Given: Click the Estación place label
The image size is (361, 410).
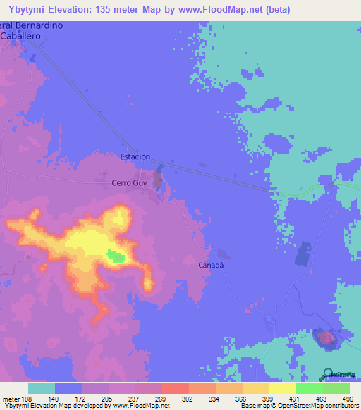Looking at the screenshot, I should (135, 156).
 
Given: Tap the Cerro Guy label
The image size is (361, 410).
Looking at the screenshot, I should (128, 182).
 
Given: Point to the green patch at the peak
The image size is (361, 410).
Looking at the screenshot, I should (114, 256).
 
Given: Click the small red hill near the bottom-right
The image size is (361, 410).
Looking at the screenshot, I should (327, 339).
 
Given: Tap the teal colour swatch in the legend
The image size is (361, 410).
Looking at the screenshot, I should (42, 388).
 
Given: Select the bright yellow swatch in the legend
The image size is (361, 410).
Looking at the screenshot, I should (282, 388).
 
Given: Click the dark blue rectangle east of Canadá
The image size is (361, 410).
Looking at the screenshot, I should (304, 254).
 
